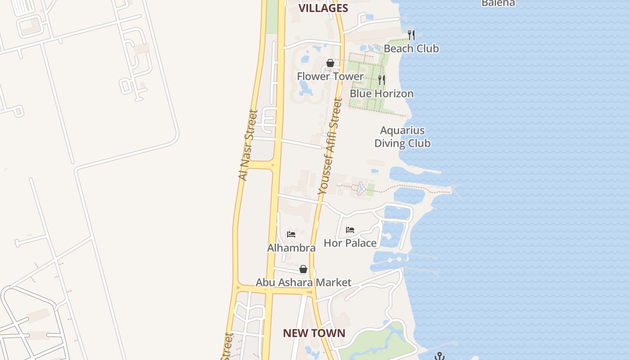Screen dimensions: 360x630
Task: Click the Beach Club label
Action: tap(411, 49)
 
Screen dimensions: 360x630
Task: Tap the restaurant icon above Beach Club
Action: tap(411, 35)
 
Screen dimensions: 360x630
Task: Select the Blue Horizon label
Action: tap(381, 94)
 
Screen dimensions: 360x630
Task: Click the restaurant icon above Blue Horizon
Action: tap(382, 80)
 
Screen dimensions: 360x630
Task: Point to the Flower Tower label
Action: tap(330, 76)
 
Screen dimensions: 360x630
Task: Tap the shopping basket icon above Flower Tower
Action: tap(330, 63)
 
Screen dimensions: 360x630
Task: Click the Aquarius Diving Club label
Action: tap(402, 137)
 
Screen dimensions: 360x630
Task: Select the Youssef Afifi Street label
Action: tap(330, 147)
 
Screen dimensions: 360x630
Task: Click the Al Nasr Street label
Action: tap(248, 145)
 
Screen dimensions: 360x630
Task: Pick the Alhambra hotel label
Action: tap(291, 248)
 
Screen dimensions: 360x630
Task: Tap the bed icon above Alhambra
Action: tap(291, 234)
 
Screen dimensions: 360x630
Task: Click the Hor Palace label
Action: tap(350, 243)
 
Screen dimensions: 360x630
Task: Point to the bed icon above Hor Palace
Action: tap(350, 230)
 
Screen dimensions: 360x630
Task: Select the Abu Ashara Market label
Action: tap(303, 283)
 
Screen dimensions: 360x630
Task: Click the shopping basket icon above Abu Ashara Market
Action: tap(303, 269)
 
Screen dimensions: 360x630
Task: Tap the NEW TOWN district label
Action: tap(314, 333)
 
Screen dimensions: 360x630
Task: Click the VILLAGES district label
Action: tap(324, 8)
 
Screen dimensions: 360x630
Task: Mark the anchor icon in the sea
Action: tap(440, 356)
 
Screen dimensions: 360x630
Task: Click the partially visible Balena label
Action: tap(498, 3)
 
